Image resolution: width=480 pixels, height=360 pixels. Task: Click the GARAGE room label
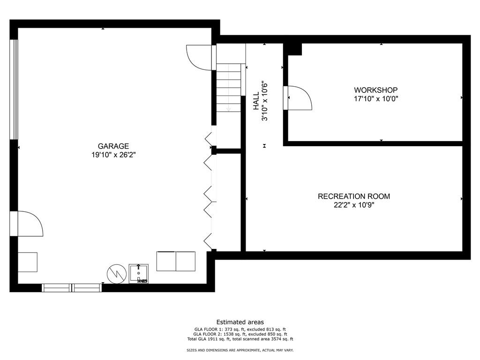coord(113,146)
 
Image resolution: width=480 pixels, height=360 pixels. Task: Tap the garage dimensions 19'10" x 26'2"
coord(113,155)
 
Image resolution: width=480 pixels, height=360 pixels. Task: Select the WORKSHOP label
coord(376,90)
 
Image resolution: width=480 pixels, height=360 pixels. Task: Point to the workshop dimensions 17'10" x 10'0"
coord(376,98)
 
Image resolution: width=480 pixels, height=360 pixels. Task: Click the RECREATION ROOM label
coord(354,196)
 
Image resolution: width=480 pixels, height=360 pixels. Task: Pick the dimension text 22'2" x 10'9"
coord(354,205)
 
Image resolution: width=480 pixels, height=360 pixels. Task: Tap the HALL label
coord(256,101)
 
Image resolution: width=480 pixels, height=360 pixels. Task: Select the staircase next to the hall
coord(229,88)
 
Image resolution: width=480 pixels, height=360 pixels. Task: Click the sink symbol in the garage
coord(138,274)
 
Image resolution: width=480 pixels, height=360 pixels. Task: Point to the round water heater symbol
coord(117,274)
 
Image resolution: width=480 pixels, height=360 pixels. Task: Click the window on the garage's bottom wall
coord(72,288)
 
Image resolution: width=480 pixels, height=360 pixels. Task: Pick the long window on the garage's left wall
coord(14,90)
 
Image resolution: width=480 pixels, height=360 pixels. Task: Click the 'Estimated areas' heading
coord(240,322)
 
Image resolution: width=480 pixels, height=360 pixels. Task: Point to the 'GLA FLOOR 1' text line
coord(240,330)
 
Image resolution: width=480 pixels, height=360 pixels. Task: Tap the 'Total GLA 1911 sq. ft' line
coord(240,339)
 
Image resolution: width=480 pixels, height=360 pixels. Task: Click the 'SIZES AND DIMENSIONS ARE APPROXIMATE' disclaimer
coord(240,350)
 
